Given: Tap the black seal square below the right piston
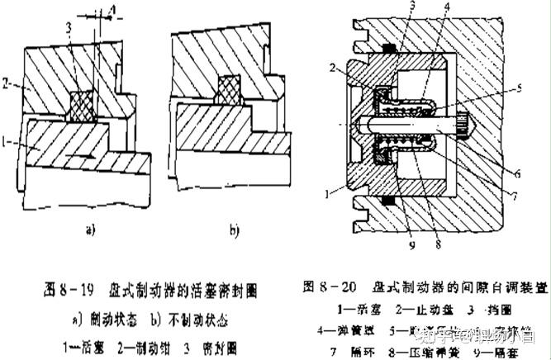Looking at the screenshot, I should tap(387, 201).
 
